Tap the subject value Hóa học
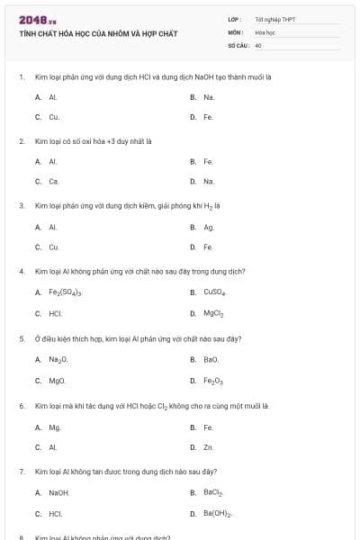(x=264, y=31)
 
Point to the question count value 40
(x=258, y=44)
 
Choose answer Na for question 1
(x=209, y=96)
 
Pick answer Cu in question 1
(x=54, y=117)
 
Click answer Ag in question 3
(x=209, y=227)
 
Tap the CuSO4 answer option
(x=214, y=292)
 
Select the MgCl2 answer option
(x=213, y=314)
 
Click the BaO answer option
(x=211, y=359)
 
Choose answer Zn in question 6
(x=208, y=446)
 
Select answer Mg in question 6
(x=54, y=427)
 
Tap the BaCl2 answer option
(x=213, y=493)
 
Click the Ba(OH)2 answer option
(x=218, y=515)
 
